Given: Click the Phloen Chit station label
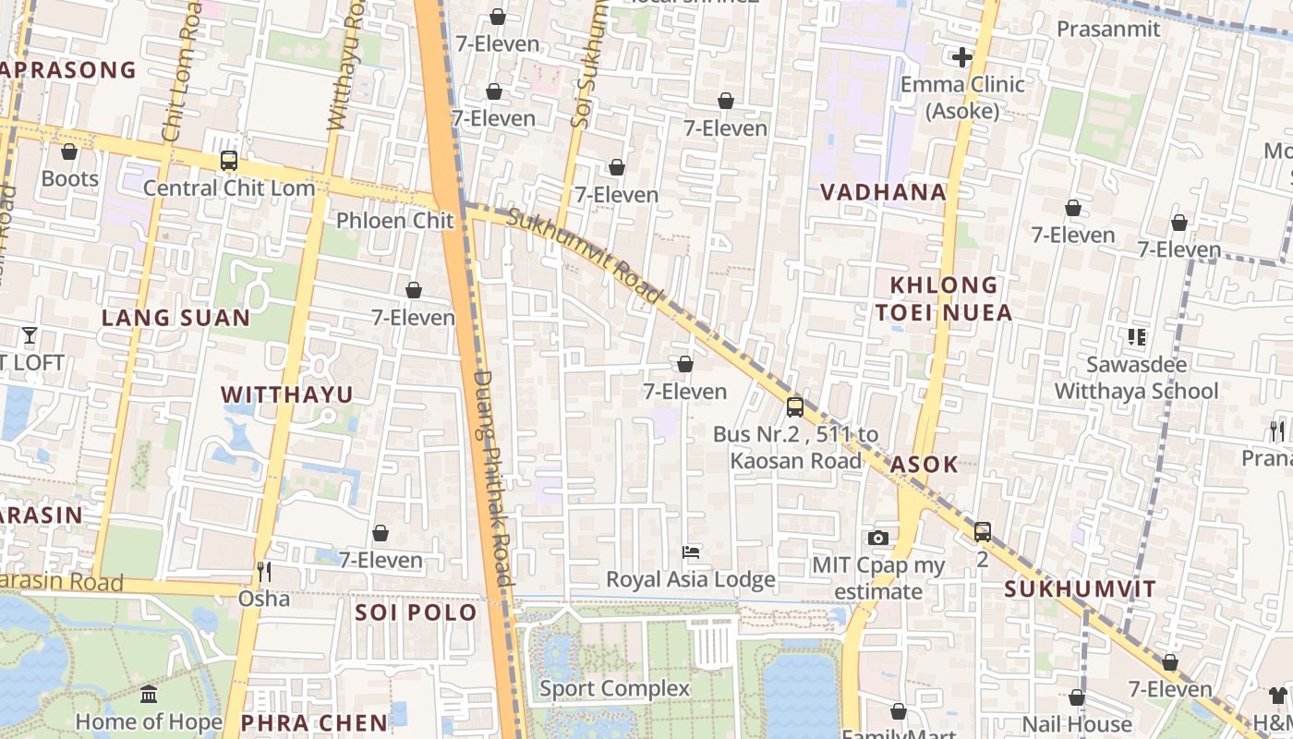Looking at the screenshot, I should point(395,221).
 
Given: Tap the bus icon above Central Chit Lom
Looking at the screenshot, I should point(229,161).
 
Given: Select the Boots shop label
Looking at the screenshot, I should point(70,178).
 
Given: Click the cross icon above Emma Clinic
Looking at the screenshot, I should point(961,57).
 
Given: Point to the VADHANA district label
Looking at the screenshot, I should point(884,192).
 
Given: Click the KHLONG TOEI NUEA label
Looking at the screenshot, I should point(944,298).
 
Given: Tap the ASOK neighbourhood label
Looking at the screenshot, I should point(924,465).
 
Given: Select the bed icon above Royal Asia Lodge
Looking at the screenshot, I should point(691,552).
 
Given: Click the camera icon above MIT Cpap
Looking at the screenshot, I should point(878,538).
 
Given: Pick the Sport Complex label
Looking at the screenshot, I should point(614,688).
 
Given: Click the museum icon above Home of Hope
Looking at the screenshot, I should point(149,694).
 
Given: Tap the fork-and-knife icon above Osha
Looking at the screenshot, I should point(264,572).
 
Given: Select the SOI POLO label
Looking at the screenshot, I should point(416,612).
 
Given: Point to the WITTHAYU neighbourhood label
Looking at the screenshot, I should point(286,395).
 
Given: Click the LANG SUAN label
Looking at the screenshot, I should point(175,318).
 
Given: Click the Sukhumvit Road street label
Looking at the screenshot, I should point(586,256).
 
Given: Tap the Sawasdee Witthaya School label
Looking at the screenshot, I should point(1136,378).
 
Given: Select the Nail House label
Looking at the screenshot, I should point(1077,724).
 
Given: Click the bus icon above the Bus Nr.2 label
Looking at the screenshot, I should point(794,406).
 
